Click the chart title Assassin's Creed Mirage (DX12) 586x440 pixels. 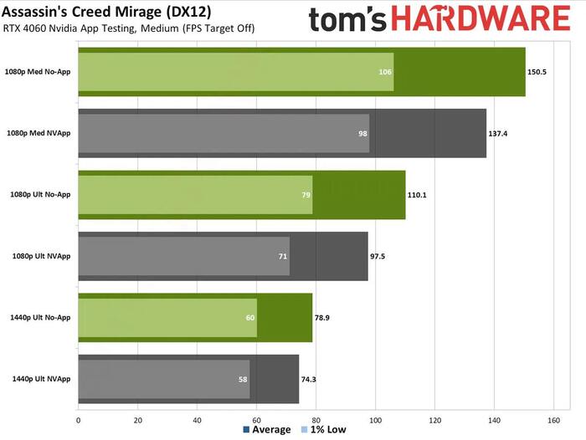pos(118,12)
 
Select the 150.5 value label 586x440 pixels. pos(537,72)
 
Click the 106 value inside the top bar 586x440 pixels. pos(385,72)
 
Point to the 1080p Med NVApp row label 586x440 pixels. pos(38,133)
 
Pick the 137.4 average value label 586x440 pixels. pos(497,133)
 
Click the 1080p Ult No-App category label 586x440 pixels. pos(39,194)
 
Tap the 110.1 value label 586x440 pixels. pos(417,195)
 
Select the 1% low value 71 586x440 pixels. pos(283,256)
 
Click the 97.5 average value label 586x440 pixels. pos(378,256)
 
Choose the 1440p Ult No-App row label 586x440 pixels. pos(39,318)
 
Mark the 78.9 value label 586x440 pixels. pos(323,318)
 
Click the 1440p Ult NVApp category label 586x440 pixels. pos(39,379)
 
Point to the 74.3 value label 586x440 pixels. pos(310,379)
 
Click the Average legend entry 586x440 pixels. pos(268,430)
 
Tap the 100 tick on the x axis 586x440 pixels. pos(375,420)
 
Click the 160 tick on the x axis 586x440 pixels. pos(553,420)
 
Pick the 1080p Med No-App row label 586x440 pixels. pos(38,72)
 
